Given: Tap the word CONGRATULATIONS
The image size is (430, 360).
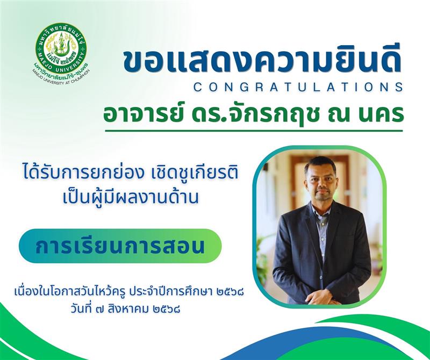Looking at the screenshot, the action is [298, 87].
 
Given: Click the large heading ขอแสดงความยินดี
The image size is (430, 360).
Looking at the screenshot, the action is [262, 61].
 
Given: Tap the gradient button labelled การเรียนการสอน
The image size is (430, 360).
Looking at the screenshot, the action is [120, 246].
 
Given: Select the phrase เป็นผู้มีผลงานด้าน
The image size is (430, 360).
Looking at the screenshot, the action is [131, 197].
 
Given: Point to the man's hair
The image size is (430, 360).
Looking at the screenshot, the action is [320, 163].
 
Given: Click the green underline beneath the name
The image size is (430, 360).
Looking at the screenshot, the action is [254, 131].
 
